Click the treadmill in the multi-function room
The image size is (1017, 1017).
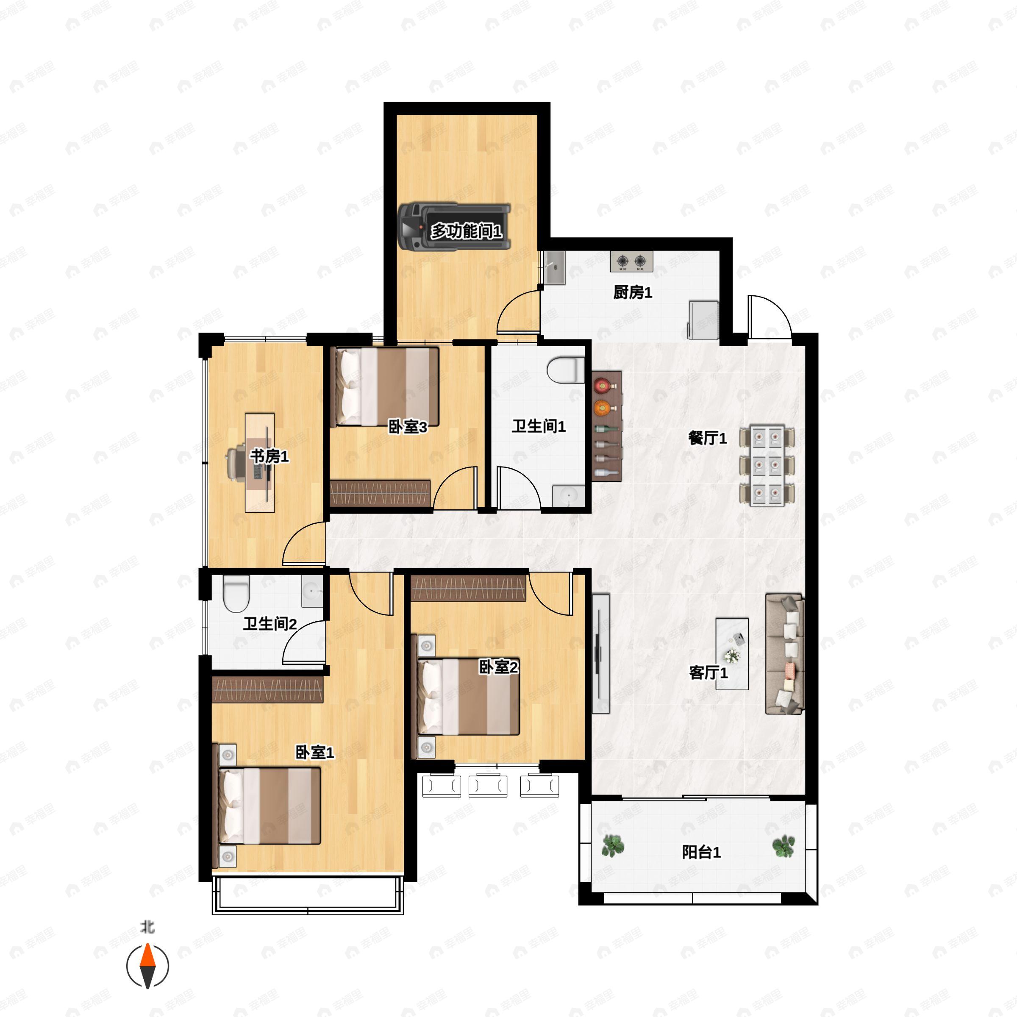[454, 227]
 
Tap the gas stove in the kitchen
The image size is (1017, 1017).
[632, 261]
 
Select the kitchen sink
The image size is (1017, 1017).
[554, 268]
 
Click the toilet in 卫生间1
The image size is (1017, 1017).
[566, 370]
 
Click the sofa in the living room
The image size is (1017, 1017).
[785, 654]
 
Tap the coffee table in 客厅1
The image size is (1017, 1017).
[732, 654]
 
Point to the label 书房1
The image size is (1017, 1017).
[270, 456]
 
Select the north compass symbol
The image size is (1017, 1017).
[148, 966]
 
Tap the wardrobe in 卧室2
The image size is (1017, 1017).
[469, 589]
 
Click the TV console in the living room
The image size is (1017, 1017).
[600, 654]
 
